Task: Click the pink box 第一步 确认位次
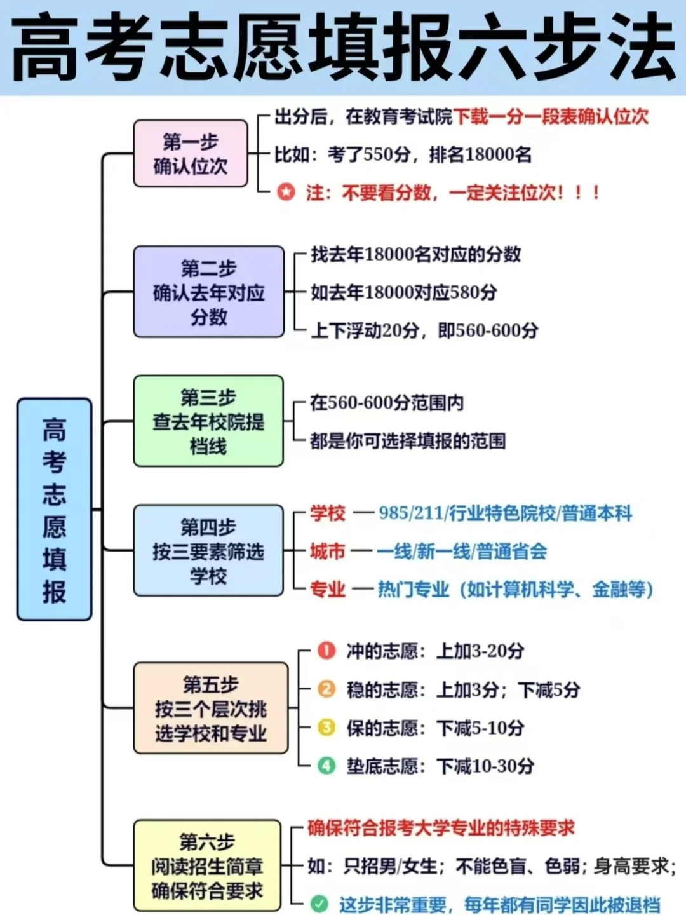(x=190, y=154)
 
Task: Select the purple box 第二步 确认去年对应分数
(x=208, y=292)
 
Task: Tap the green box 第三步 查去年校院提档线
(x=208, y=421)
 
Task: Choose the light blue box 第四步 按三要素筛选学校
(x=208, y=551)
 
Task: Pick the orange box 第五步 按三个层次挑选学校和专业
(x=210, y=708)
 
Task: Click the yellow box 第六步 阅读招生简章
(x=207, y=865)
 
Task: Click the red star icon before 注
(x=286, y=191)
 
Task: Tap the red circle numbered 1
(x=326, y=651)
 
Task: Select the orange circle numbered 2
(x=326, y=689)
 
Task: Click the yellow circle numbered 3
(x=326, y=727)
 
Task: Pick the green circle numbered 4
(x=326, y=766)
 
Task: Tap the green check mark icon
(x=319, y=903)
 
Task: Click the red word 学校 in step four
(x=328, y=513)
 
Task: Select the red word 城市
(x=328, y=551)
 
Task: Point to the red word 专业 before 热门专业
(x=328, y=590)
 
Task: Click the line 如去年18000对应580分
(x=404, y=292)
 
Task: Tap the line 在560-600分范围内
(x=387, y=403)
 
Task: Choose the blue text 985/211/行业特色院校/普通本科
(x=506, y=513)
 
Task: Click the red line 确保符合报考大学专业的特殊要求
(x=441, y=828)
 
